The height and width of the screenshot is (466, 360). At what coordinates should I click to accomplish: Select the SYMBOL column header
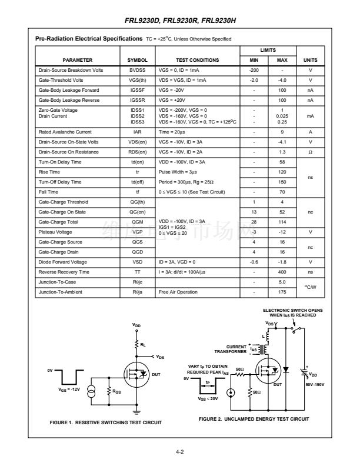point(137,60)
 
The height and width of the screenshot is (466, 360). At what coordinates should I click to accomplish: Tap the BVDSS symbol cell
point(137,70)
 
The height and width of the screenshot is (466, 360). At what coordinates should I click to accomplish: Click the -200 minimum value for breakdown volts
point(254,70)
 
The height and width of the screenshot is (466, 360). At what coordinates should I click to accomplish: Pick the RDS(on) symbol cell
point(137,152)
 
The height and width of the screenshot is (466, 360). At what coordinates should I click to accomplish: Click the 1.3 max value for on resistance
point(282,152)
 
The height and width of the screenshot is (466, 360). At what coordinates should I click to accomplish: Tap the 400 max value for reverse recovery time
point(282,272)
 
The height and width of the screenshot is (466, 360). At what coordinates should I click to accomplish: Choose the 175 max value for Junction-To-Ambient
point(282,292)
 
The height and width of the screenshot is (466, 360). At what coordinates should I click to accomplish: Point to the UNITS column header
point(311,60)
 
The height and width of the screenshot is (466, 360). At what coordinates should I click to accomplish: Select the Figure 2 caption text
point(254,418)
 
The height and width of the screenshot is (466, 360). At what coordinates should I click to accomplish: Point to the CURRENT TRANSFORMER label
point(230,349)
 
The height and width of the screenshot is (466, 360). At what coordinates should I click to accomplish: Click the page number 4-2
point(179,452)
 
